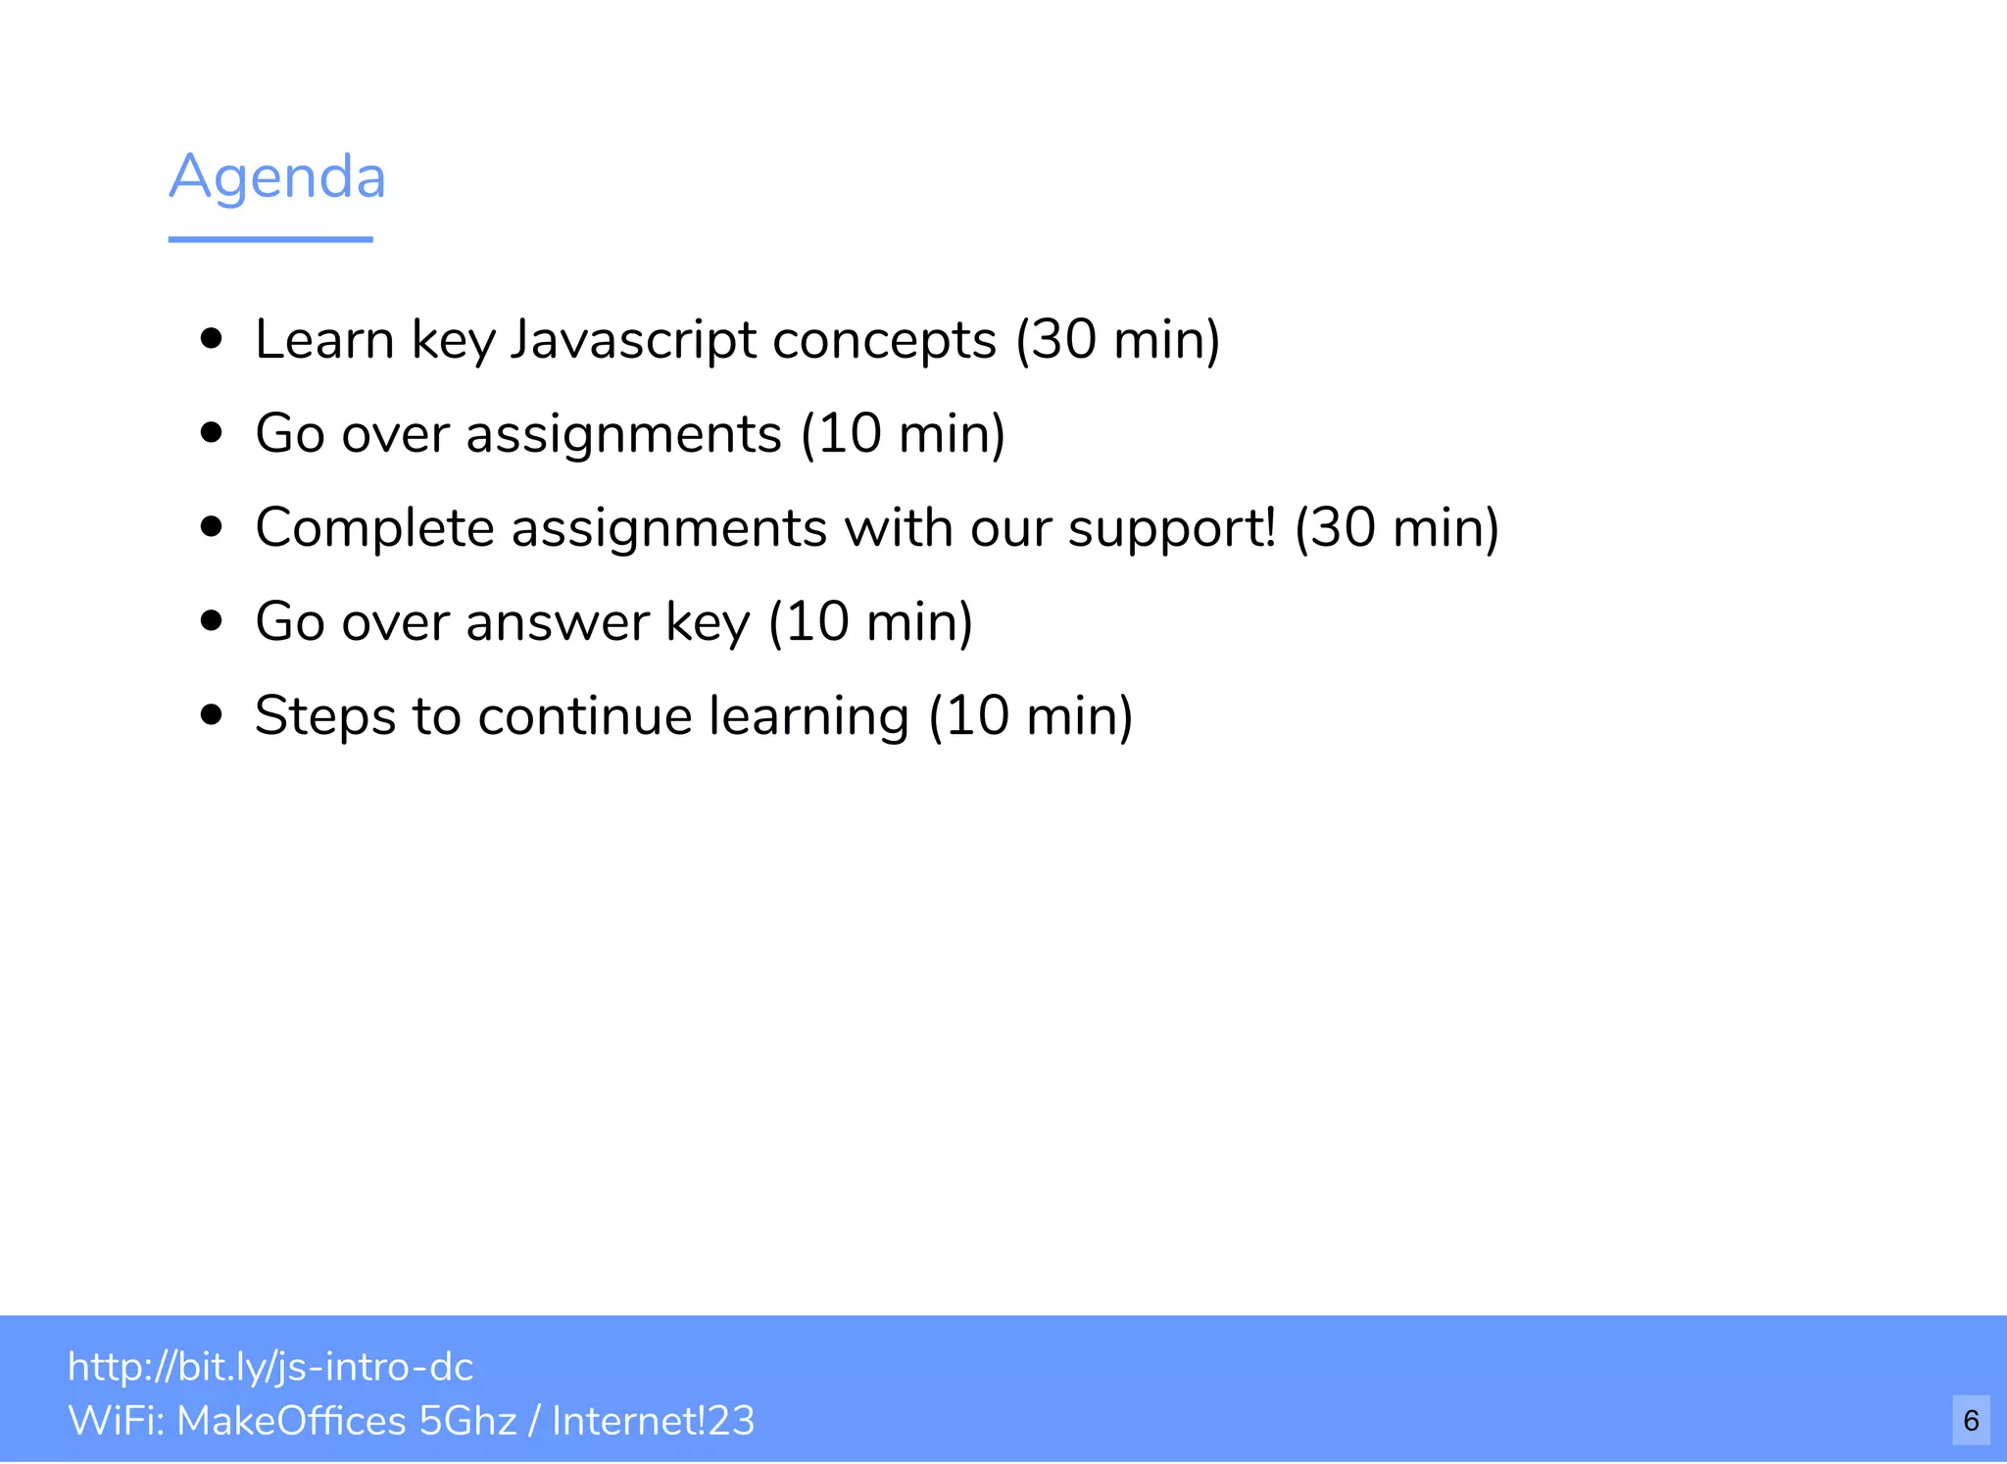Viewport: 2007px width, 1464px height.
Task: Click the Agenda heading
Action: (277, 177)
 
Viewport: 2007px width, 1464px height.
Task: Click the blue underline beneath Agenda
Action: (270, 239)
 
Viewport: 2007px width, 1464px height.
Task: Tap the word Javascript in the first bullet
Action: (632, 340)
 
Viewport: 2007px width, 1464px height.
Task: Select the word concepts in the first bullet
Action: (884, 340)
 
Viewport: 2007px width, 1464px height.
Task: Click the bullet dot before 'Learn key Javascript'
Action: (211, 339)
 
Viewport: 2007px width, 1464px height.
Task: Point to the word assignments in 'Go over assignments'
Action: (623, 434)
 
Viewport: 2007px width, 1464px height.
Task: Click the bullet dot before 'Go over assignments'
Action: (211, 432)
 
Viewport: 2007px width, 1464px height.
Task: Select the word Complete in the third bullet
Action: (374, 528)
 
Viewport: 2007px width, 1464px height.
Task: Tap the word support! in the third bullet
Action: (1172, 528)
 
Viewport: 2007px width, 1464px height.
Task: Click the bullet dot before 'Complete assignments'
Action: (211, 526)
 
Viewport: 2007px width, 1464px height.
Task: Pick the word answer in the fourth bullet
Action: (558, 622)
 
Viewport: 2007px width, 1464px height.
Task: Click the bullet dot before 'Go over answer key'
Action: (211, 620)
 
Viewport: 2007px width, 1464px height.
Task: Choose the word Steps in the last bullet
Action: (325, 715)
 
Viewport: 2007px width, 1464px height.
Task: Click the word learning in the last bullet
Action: (808, 716)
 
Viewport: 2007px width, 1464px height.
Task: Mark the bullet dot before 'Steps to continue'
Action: (211, 714)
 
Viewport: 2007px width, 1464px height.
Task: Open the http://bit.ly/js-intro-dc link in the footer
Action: (270, 1367)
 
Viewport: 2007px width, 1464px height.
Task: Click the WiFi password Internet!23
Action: (653, 1421)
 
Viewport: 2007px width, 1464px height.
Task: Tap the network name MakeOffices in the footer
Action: (291, 1421)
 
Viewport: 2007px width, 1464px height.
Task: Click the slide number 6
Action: (1971, 1420)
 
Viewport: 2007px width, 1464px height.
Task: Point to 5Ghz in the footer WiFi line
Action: (466, 1421)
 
